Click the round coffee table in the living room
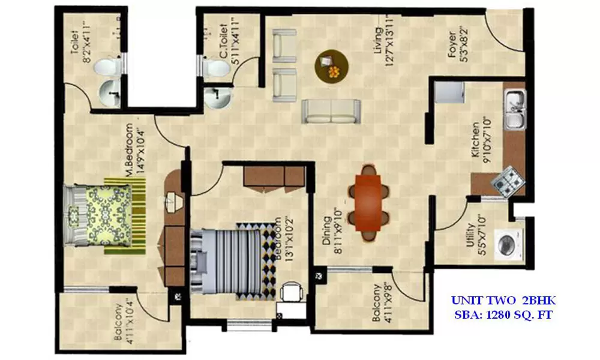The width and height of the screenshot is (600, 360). point(331,65)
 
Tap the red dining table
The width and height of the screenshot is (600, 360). point(368,202)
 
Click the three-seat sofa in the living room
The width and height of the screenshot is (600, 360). point(331,112)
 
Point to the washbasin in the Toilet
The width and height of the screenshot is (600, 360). point(109,94)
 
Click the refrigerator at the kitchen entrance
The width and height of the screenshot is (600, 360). point(448,92)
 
